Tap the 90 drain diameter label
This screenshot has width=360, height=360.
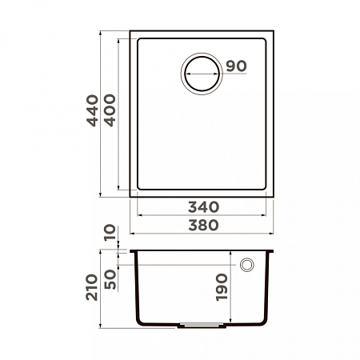(x=234, y=66)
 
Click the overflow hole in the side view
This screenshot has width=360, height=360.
(x=246, y=264)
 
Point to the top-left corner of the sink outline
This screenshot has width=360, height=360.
(x=131, y=34)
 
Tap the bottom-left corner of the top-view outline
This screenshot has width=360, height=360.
(x=131, y=194)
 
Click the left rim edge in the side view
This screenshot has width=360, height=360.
(x=133, y=250)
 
